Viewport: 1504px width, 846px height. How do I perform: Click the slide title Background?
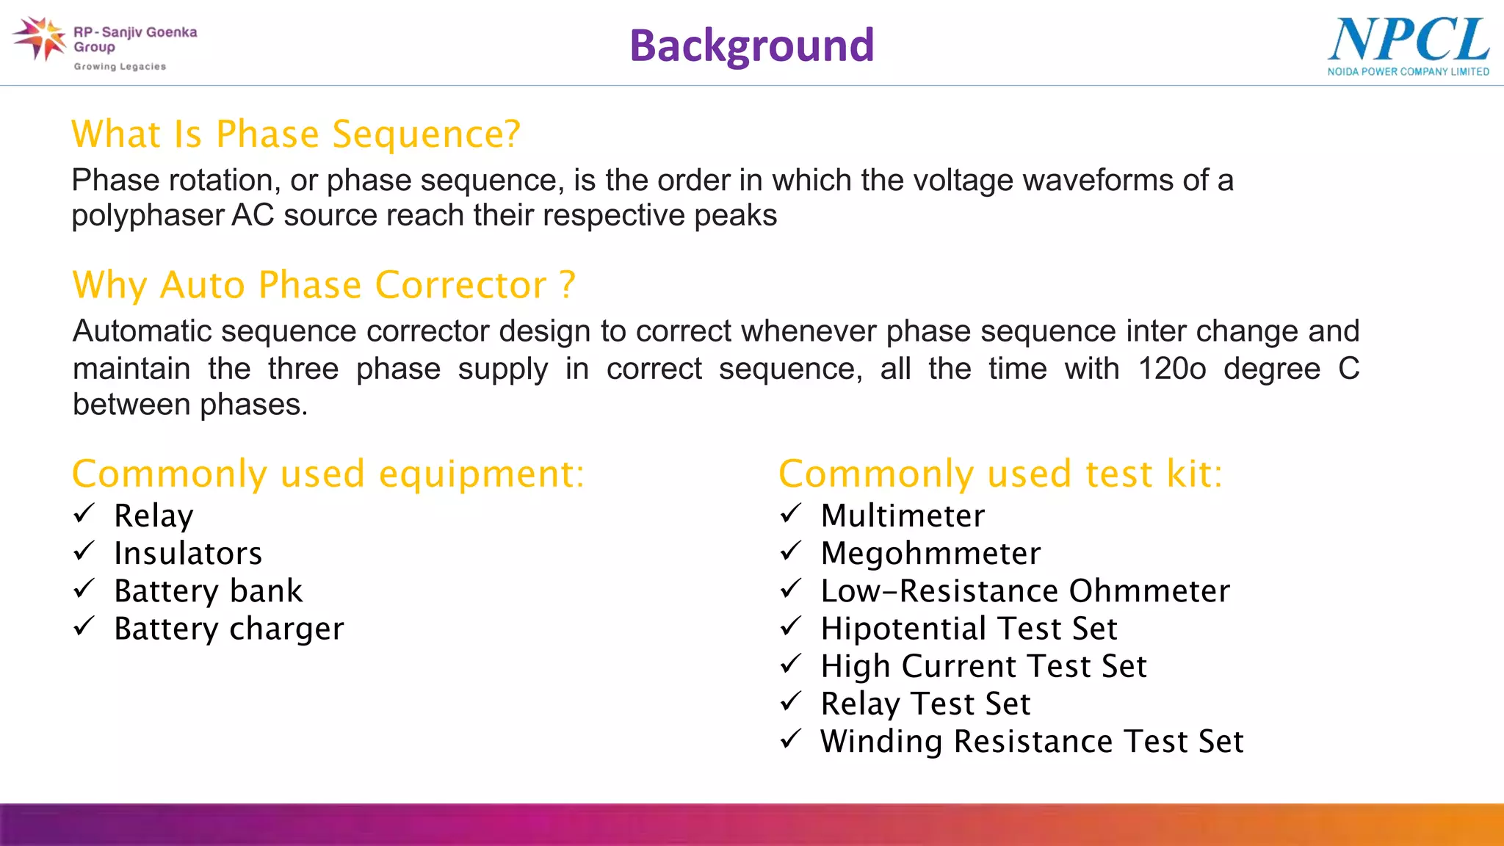tap(751, 46)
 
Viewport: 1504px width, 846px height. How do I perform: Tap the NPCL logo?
tap(1408, 44)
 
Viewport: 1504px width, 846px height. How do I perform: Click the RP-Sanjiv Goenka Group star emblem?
tap(40, 38)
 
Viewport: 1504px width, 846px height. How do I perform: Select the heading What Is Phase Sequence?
tap(295, 134)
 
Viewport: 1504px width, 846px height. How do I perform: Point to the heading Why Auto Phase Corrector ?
tap(323, 285)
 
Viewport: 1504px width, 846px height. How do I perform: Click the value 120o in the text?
tap(1171, 369)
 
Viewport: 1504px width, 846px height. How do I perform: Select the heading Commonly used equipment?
tap(328, 474)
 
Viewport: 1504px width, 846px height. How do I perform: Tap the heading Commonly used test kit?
tap(1000, 474)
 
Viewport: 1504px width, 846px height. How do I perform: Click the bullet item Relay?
tap(153, 516)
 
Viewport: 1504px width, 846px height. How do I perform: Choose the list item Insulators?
tap(188, 554)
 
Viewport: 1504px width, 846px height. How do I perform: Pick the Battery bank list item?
tap(208, 591)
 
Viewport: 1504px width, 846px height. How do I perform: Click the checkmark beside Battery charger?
tap(84, 626)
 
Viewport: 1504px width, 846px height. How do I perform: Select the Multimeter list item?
tap(903, 516)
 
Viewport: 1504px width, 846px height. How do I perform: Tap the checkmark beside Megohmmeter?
tap(791, 551)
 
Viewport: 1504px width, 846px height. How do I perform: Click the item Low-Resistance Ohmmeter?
tap(1024, 591)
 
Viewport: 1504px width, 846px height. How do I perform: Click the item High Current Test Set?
tap(983, 666)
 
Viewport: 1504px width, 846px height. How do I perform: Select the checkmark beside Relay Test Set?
tap(791, 701)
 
